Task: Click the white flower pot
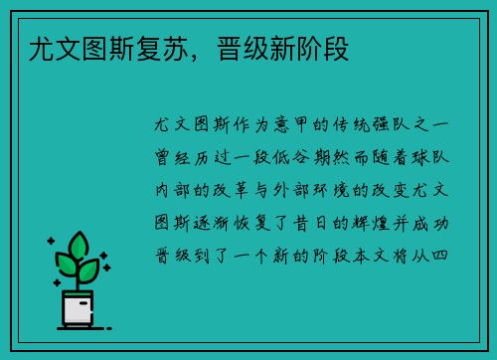pyautogui.click(x=80, y=309)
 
